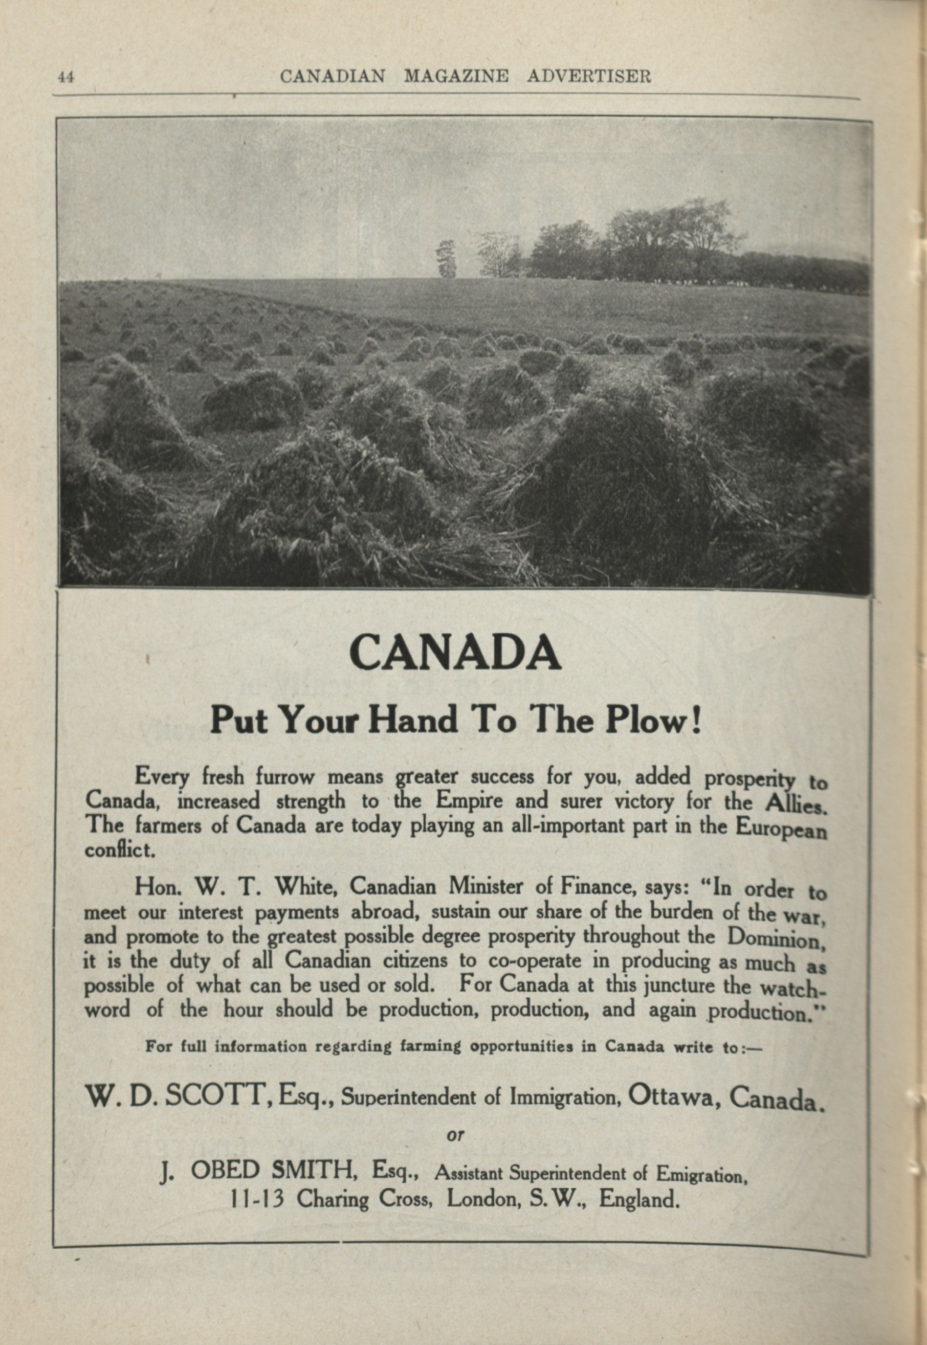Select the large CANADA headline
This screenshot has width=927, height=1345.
pos(455,653)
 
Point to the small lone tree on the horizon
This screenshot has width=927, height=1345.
pos(446,259)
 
